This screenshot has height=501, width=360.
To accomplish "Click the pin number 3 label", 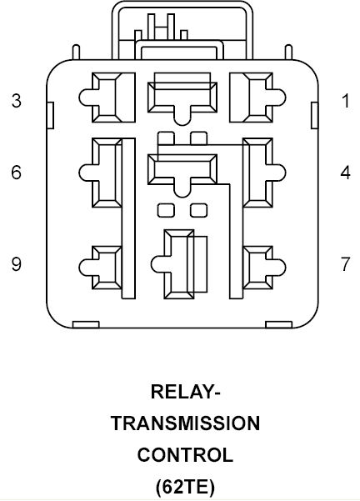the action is (x=17, y=100).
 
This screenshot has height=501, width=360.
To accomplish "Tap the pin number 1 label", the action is (x=345, y=101).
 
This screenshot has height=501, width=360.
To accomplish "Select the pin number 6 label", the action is (x=17, y=173).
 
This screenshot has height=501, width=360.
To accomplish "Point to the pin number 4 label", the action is (x=345, y=173).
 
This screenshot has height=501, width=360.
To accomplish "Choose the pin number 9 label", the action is (x=17, y=264).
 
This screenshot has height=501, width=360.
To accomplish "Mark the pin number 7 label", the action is (x=345, y=264).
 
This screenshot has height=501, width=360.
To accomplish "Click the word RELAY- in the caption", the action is (x=185, y=392).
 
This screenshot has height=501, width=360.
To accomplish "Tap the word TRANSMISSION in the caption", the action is (x=185, y=423).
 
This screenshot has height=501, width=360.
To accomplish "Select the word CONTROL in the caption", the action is (x=185, y=454).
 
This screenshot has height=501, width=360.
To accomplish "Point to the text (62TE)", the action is (x=185, y=487).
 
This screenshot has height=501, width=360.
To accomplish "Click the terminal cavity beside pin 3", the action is (x=107, y=98).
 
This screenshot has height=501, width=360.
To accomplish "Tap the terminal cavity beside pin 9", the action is (x=100, y=268).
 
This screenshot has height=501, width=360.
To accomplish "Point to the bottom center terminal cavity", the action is (x=179, y=264).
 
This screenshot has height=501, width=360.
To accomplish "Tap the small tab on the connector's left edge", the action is (x=50, y=115).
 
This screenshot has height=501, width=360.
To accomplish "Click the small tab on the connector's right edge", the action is (x=315, y=115).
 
